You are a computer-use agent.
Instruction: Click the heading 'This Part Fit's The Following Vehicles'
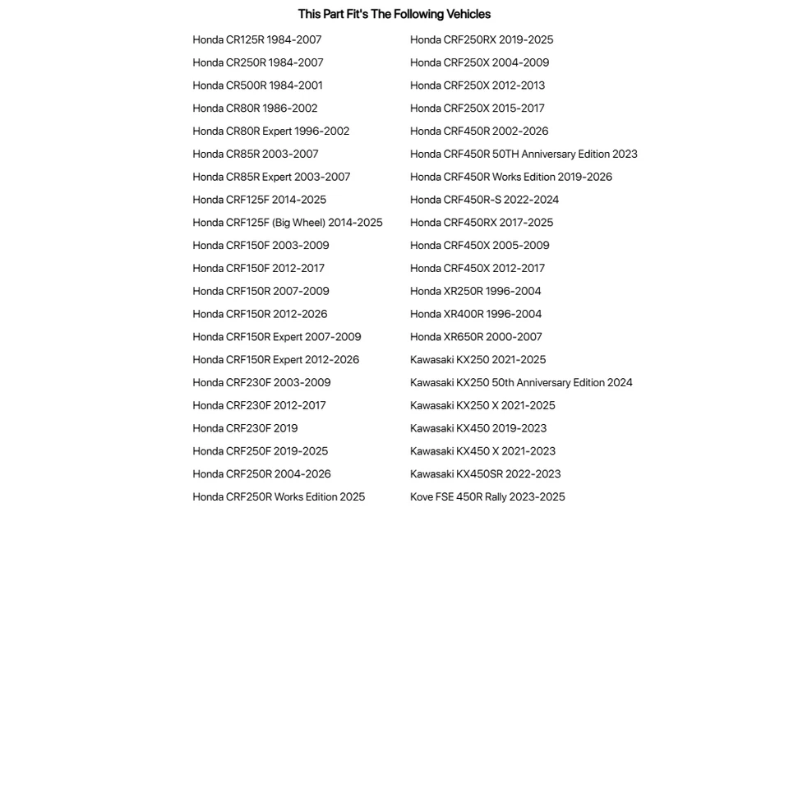394,14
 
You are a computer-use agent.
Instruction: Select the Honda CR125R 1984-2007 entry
256,39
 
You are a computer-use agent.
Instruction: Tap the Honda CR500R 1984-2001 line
257,85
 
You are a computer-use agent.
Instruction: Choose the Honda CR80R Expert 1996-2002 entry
270,131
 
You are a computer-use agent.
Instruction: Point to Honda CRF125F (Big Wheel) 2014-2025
287,223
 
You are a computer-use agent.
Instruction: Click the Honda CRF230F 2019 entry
245,428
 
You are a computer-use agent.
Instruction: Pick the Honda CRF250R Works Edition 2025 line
279,497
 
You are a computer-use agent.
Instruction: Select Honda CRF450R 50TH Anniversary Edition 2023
524,155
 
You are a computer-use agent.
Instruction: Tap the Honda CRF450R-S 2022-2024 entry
484,200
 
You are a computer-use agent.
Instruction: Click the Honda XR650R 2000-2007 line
476,337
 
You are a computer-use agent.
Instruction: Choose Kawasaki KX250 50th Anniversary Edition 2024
521,383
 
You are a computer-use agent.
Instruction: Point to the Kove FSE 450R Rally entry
487,497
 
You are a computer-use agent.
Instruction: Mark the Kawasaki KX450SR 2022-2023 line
485,474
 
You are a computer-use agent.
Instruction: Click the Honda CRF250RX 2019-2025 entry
482,39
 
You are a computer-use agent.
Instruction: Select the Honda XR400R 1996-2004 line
476,314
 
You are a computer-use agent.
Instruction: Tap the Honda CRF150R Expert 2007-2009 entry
276,337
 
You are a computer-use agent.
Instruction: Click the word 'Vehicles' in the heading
468,14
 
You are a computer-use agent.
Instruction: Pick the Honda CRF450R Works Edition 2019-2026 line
510,177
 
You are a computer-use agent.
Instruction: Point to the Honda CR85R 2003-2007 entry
255,155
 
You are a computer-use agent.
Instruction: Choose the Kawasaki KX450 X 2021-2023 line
482,451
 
